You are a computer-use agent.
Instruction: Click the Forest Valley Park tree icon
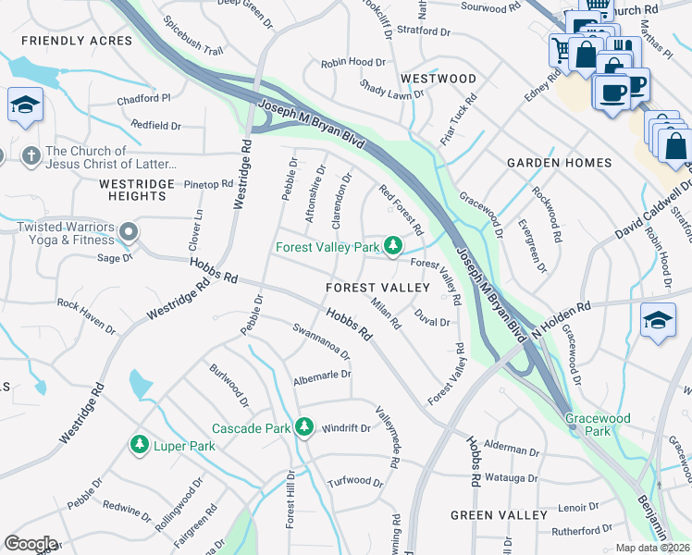coord(394,246)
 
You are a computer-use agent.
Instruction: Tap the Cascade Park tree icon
coord(304,427)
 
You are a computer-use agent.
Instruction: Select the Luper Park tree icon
coord(140,446)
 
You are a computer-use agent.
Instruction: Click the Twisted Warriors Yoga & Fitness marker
coord(129,230)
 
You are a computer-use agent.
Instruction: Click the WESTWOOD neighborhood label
coord(438,79)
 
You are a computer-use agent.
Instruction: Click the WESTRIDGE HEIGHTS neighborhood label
coord(137,190)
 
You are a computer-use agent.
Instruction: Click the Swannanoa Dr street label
coord(321,341)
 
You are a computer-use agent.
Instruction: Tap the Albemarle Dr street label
coord(323,375)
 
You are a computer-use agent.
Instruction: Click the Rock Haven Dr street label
coord(86,303)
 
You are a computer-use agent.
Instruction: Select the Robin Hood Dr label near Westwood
coord(352,63)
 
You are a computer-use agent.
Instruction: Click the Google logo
coord(31,544)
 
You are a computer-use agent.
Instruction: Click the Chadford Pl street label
coord(143,97)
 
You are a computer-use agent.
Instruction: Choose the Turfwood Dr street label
coord(355,482)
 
